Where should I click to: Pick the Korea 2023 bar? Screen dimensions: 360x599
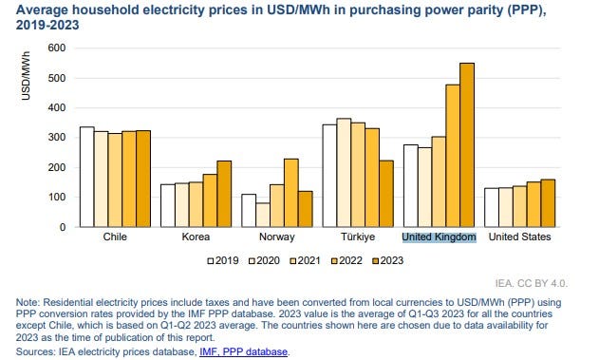coord(225,194)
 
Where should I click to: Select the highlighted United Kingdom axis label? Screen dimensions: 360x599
coord(438,237)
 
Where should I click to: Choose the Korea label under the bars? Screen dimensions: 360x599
coord(196,237)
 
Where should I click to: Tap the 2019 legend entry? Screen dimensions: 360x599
coord(224,258)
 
